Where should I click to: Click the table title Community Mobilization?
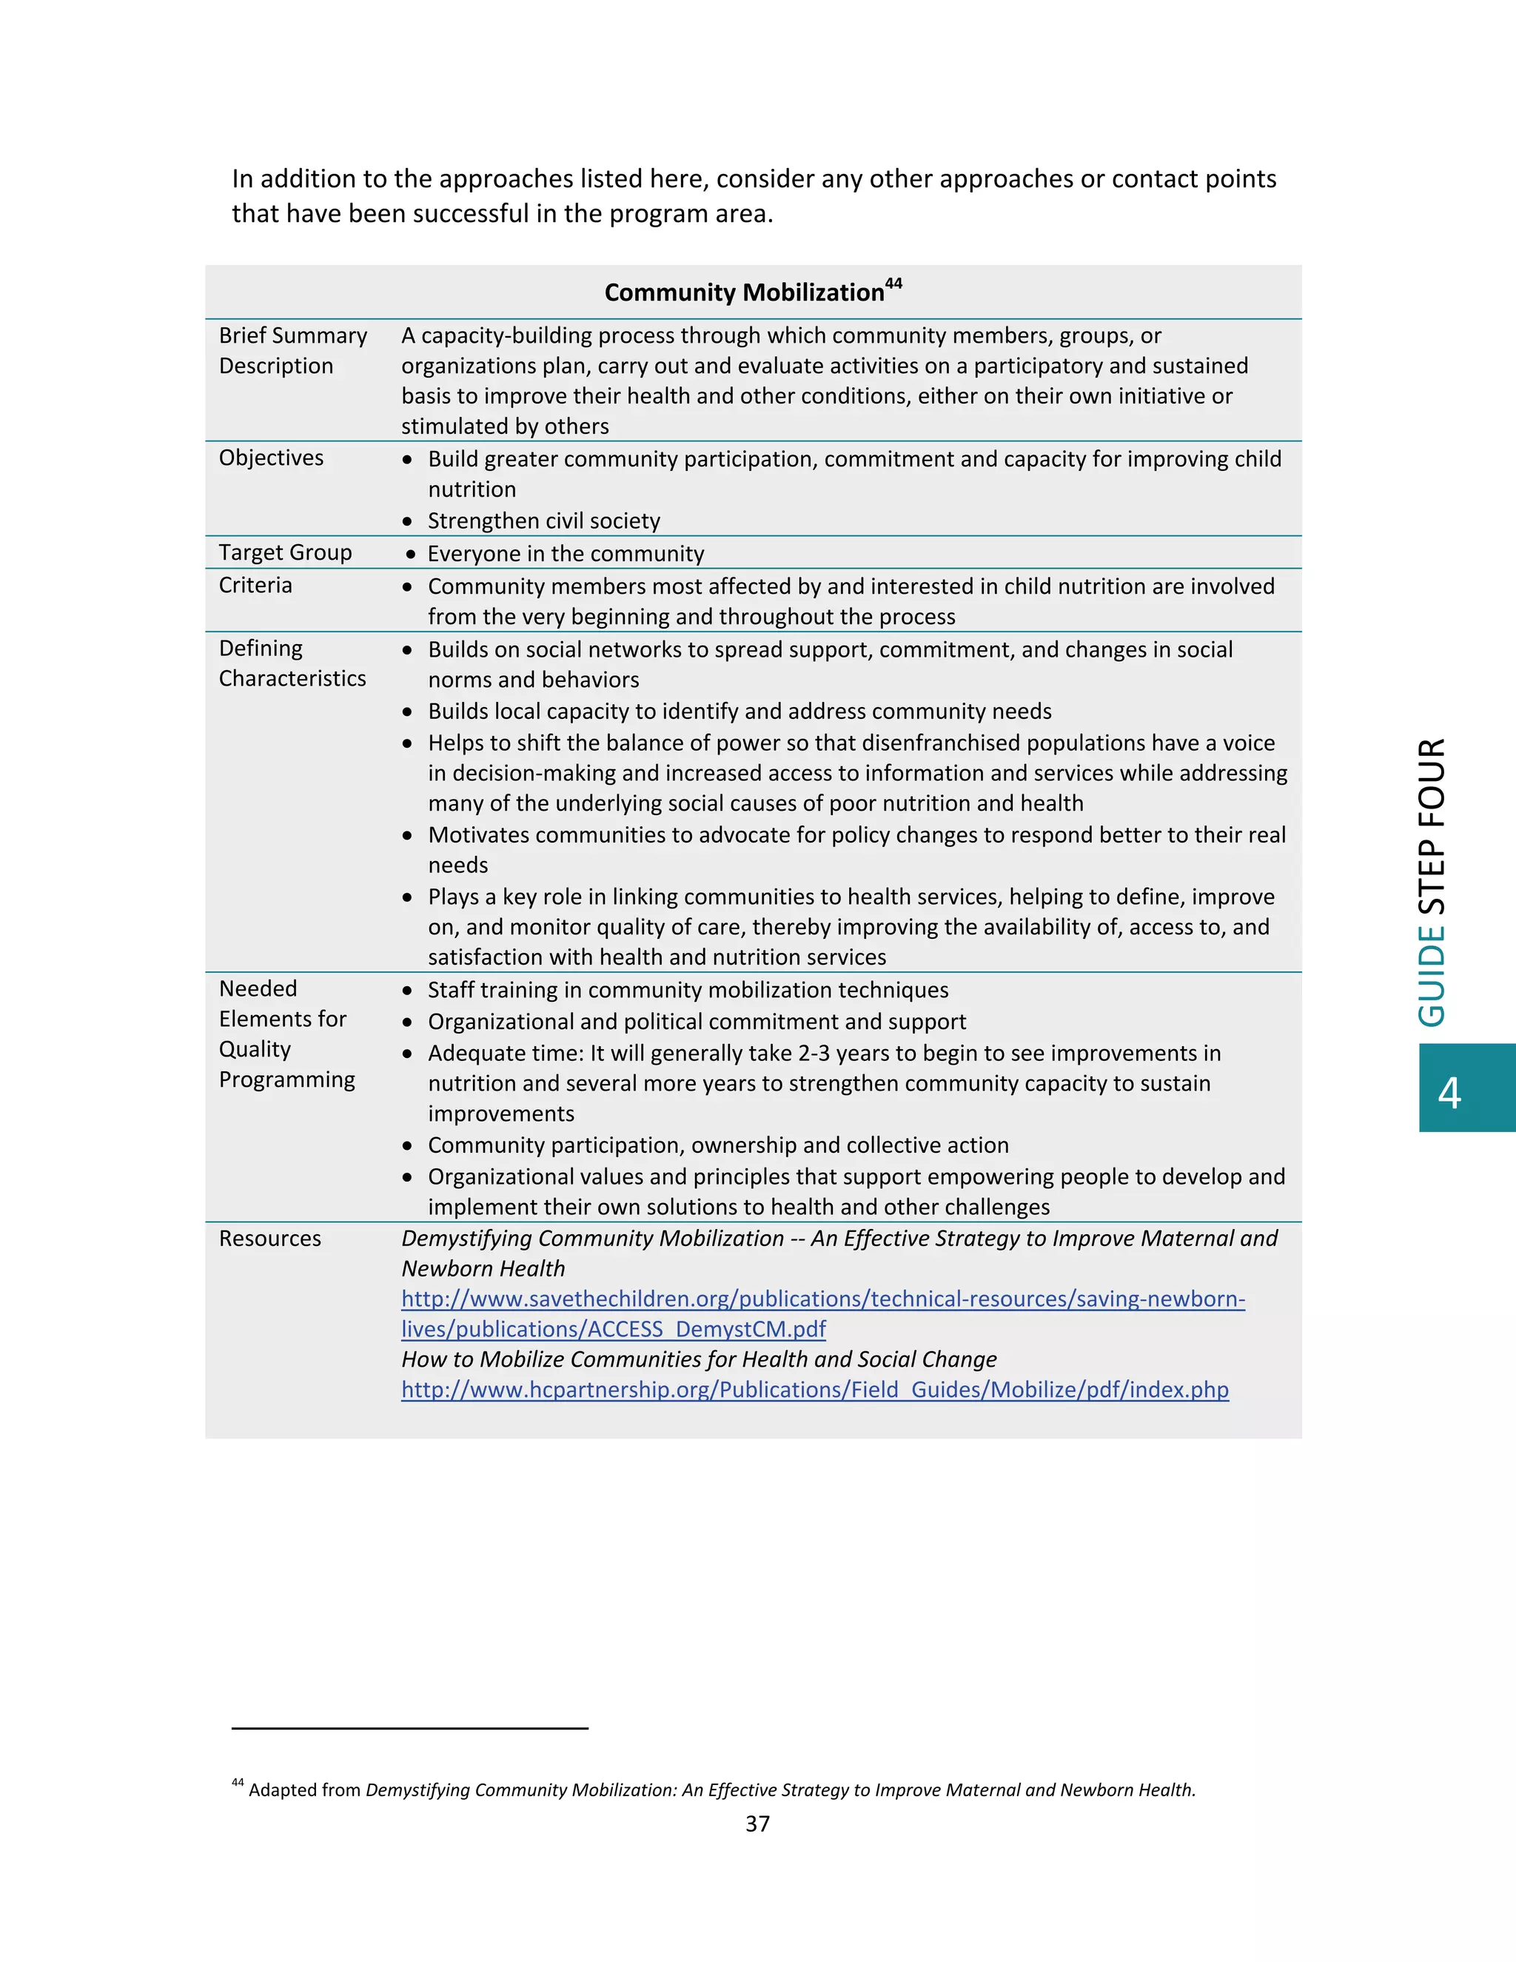coord(744,293)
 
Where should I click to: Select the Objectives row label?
coord(271,458)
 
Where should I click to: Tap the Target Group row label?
coord(285,552)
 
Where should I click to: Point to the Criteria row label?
coord(255,585)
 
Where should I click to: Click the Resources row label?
coord(269,1239)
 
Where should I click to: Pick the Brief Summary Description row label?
coord(293,350)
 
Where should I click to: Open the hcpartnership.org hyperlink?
coord(814,1390)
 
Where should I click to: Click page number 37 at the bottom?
coord(757,1824)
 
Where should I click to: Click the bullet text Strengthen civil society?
coord(543,521)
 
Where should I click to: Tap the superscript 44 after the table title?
coord(893,283)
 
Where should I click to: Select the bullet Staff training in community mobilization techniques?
coord(687,990)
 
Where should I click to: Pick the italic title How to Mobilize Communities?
coord(698,1359)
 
